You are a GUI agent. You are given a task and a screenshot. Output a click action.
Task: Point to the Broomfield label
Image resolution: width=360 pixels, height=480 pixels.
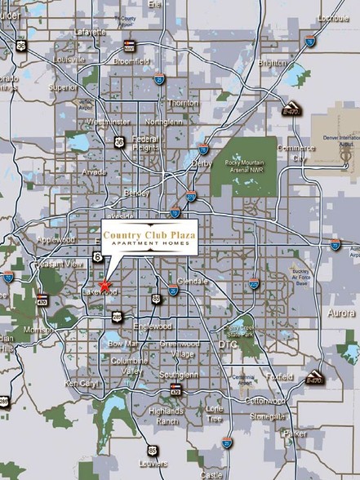click(131, 60)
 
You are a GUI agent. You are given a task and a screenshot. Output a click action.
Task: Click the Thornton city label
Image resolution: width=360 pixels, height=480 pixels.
click(182, 103)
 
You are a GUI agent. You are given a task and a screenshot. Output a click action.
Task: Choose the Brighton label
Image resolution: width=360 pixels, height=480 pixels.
click(272, 62)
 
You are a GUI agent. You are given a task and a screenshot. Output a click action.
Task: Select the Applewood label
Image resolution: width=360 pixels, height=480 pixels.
click(56, 239)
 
